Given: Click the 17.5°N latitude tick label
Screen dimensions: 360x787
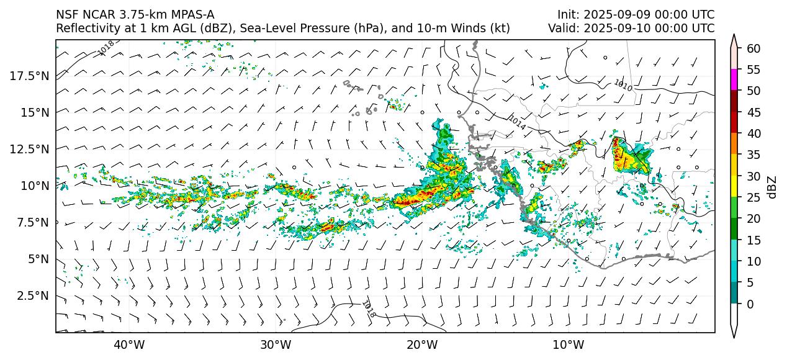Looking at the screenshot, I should pos(30,76).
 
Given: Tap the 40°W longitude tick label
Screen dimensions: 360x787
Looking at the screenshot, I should pos(129,344).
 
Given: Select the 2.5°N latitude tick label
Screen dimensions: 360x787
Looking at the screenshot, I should pos(33,295).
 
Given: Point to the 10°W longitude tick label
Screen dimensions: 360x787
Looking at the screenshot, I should pos(568,344).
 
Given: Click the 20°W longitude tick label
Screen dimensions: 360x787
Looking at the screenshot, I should pos(421,344).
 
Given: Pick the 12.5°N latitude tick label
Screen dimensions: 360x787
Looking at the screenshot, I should pos(30,149).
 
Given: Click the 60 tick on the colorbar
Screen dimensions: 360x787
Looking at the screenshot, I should pos(753,48).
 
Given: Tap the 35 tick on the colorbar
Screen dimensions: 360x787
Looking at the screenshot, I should pos(753,155).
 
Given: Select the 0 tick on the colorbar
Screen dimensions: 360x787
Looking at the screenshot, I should pos(750,304).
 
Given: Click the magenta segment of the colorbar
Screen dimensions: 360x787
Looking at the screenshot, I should pos(734,80).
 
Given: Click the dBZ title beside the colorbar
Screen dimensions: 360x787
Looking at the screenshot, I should pos(772,186).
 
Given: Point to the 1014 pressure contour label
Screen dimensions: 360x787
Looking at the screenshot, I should pos(517,122).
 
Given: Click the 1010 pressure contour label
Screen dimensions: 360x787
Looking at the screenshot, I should pos(623,86).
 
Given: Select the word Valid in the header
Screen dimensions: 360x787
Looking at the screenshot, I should pos(562,28).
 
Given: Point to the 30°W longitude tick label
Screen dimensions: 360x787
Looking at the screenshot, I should pos(275,344).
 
